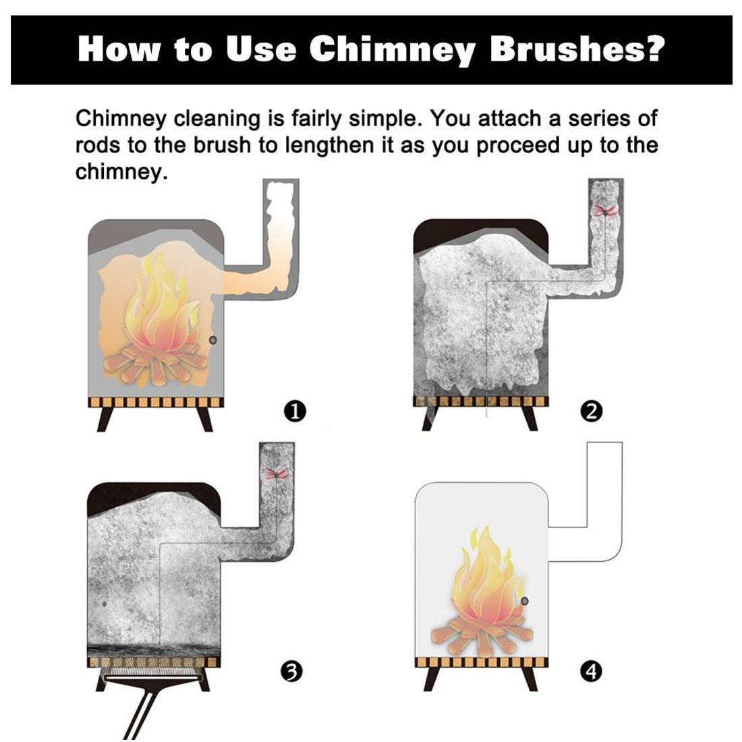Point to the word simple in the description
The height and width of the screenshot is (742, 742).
(x=384, y=119)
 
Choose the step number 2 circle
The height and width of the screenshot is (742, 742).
(x=591, y=411)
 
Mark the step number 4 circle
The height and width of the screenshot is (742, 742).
(x=591, y=671)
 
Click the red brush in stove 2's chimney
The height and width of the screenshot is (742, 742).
(x=605, y=210)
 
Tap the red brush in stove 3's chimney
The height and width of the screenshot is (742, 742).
(x=277, y=473)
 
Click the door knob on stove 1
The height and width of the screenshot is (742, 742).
(x=212, y=340)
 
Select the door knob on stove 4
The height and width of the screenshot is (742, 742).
(x=524, y=601)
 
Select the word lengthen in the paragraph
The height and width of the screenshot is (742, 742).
(x=329, y=145)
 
